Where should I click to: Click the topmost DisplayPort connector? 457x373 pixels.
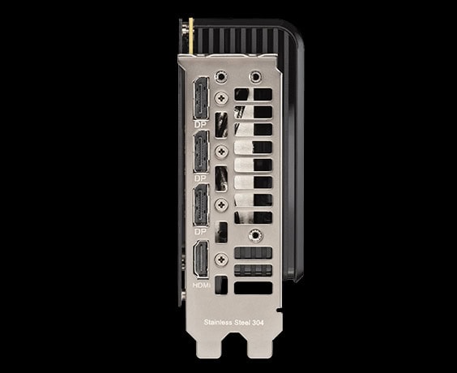coord(201,98)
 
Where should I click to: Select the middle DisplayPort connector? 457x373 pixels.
coord(201,152)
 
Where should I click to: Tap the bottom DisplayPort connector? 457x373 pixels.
coord(201,205)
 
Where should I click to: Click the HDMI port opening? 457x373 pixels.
coord(201,259)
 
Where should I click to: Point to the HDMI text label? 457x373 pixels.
coord(202,285)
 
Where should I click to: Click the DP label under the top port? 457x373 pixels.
coord(200,125)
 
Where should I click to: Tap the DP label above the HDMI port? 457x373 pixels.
coord(200,232)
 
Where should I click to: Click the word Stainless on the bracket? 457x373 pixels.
coord(217,322)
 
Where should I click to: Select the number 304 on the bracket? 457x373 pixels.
coord(258,323)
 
